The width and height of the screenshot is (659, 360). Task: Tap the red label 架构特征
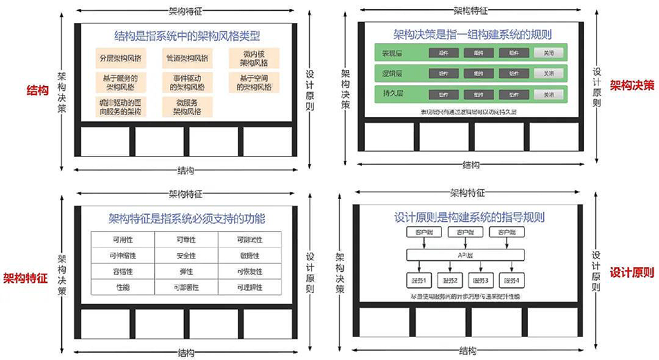point(26,279)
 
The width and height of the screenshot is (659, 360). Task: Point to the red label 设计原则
point(632,273)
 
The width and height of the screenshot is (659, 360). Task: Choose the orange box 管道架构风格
point(187,59)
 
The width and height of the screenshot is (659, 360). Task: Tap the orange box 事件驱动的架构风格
point(187,82)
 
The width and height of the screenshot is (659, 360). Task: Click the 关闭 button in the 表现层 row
point(549,53)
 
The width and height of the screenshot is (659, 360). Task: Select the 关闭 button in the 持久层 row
point(549,95)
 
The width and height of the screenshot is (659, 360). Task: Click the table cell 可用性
point(123,240)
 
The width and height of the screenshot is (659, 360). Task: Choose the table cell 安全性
point(186,256)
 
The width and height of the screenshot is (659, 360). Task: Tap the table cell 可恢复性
point(249,272)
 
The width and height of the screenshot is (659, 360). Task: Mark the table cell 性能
point(123,287)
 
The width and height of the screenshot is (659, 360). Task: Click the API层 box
point(466,255)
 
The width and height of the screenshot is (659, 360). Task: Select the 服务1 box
point(419,281)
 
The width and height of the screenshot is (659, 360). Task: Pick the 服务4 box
point(511,281)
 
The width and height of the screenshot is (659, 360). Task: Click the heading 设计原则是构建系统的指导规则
point(469,217)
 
